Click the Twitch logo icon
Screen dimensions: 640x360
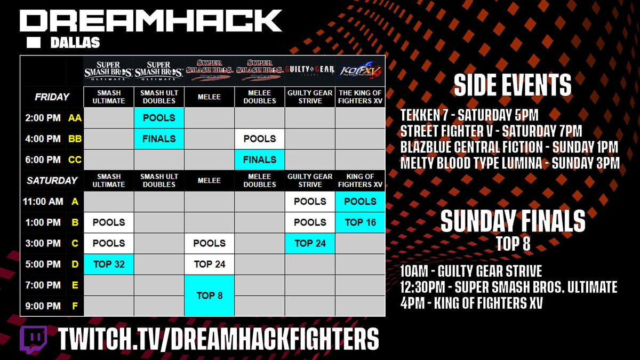coord(34,340)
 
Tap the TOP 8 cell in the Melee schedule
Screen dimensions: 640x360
coord(210,295)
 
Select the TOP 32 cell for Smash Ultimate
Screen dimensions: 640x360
coord(109,264)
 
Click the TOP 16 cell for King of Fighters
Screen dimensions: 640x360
coord(360,222)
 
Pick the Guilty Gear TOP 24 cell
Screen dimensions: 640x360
coord(310,243)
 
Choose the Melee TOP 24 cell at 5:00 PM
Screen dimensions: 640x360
coord(210,264)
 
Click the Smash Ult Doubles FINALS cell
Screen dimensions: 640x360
coord(159,139)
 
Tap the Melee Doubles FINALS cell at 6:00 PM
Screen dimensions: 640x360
coord(260,159)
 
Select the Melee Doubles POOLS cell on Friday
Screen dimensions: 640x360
coord(260,139)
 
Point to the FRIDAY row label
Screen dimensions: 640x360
coord(52,97)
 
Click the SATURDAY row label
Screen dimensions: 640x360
coord(52,180)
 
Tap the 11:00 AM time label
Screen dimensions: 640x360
coord(43,202)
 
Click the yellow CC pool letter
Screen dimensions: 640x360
coord(75,159)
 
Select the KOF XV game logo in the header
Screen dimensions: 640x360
coord(360,71)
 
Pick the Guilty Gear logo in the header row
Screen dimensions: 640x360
coord(310,70)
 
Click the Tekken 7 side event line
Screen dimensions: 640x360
coord(469,115)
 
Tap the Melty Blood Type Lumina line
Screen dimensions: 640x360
coord(510,163)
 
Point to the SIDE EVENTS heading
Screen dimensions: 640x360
coord(513,85)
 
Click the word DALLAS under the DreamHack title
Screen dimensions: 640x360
coord(75,43)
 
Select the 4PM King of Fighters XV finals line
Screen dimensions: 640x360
coord(471,303)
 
